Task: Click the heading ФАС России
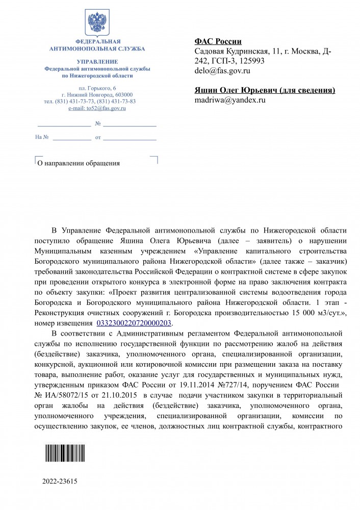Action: pos(218,42)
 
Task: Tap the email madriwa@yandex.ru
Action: pos(230,100)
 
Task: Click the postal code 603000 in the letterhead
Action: pos(124,95)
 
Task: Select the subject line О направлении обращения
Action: pos(76,163)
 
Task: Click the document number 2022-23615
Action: pos(60,481)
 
